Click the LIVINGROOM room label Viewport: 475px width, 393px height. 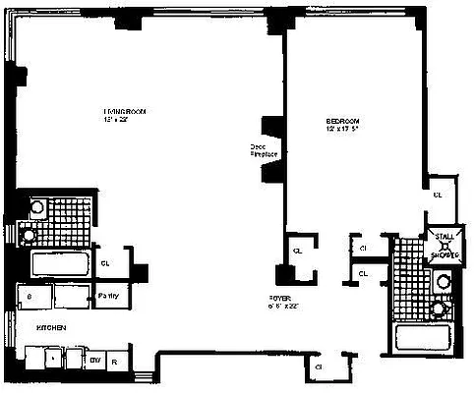pyautogui.click(x=125, y=112)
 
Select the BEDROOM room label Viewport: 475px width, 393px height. pyautogui.click(x=345, y=123)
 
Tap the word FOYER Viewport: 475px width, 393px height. pyautogui.click(x=280, y=296)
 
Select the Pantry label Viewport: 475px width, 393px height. pyautogui.click(x=107, y=296)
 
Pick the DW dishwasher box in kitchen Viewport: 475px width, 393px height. pyautogui.click(x=96, y=362)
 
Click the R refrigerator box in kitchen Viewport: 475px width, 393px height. pyautogui.click(x=116, y=362)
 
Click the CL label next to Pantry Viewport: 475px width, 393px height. pyautogui.click(x=106, y=262)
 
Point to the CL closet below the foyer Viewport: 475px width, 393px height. pyautogui.click(x=320, y=367)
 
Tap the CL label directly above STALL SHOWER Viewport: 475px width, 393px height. pyautogui.click(x=439, y=195)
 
